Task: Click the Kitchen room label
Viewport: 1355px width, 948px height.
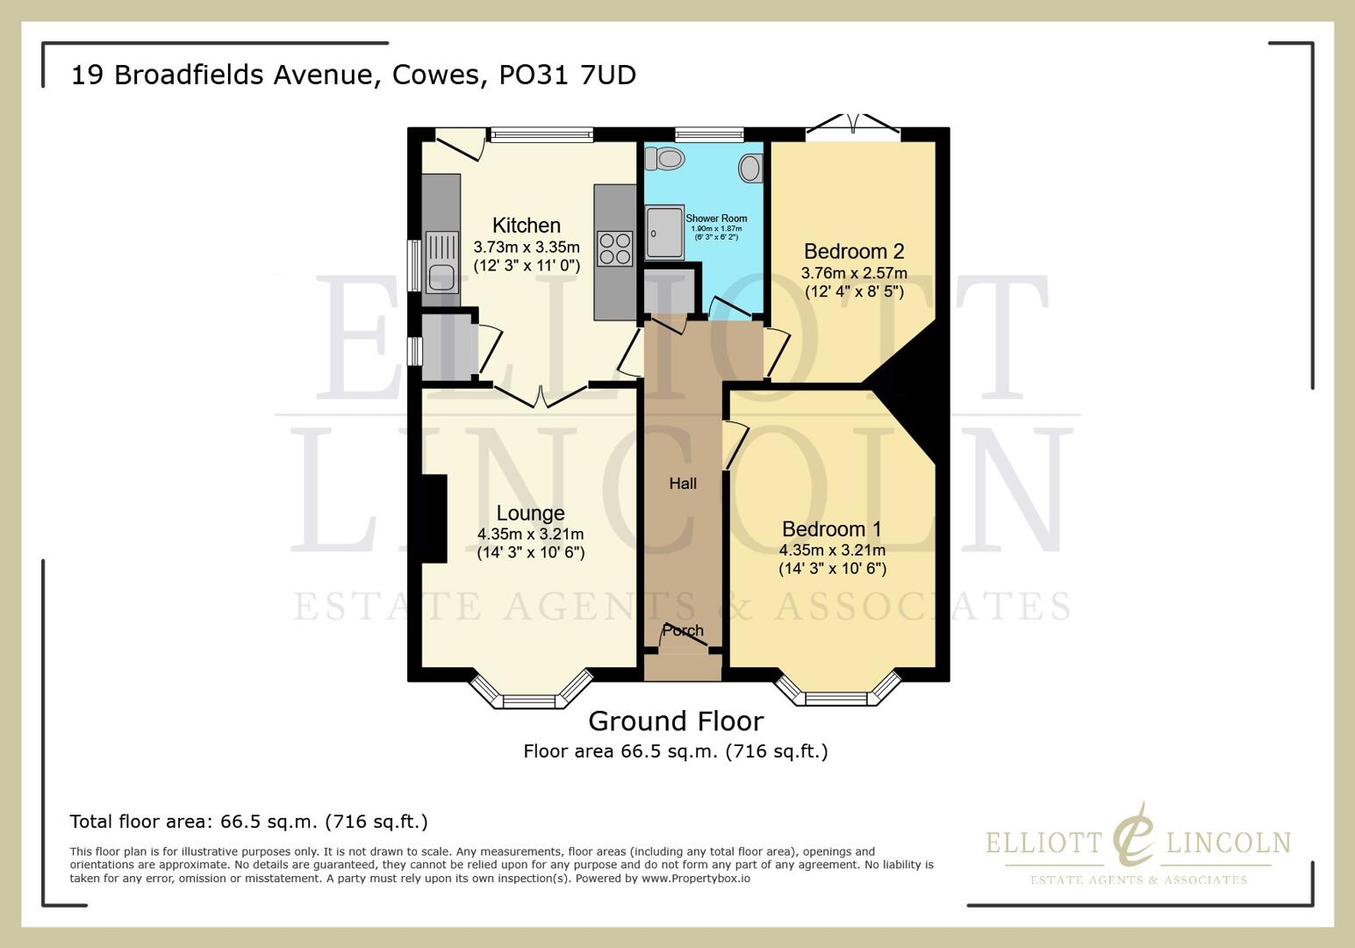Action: coord(526,225)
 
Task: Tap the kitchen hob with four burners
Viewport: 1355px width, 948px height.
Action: coord(614,248)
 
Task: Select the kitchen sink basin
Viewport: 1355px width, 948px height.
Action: coord(441,277)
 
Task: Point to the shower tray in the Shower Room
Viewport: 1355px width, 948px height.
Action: coord(664,233)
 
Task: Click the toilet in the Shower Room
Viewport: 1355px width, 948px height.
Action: coord(665,159)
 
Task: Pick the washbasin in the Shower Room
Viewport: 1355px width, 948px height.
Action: coord(750,168)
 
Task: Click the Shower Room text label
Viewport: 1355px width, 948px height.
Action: coord(716,219)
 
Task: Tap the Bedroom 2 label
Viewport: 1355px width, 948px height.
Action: coord(853,252)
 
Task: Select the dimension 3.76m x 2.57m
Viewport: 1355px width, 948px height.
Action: coord(853,273)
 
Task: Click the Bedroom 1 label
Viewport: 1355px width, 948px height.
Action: coord(831,529)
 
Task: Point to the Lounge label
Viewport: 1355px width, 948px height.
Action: coord(530,513)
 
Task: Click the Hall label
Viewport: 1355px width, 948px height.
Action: coord(683,484)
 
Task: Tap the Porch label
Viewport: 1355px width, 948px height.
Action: coord(682,630)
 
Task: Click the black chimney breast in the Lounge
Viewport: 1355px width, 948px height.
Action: coord(435,518)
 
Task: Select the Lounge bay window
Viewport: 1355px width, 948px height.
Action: coord(530,693)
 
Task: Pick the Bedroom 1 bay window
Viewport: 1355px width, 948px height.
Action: coord(836,693)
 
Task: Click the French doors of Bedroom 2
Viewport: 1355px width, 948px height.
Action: coord(853,126)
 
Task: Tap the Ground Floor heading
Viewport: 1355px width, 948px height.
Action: coord(676,721)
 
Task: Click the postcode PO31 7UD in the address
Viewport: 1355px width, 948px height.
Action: coord(567,75)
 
